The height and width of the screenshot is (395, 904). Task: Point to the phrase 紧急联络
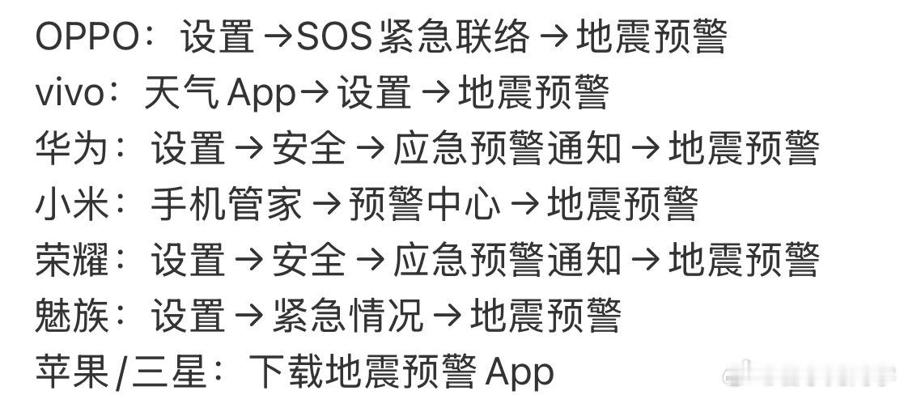[453, 36]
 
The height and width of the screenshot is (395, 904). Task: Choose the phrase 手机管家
[226, 204]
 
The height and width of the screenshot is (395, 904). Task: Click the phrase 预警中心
[424, 204]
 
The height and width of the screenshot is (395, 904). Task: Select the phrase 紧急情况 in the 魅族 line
[348, 316]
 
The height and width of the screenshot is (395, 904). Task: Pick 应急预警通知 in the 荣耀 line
[507, 260]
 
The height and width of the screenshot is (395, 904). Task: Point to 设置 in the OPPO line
[218, 36]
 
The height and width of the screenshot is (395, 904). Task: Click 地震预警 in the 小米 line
[622, 204]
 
